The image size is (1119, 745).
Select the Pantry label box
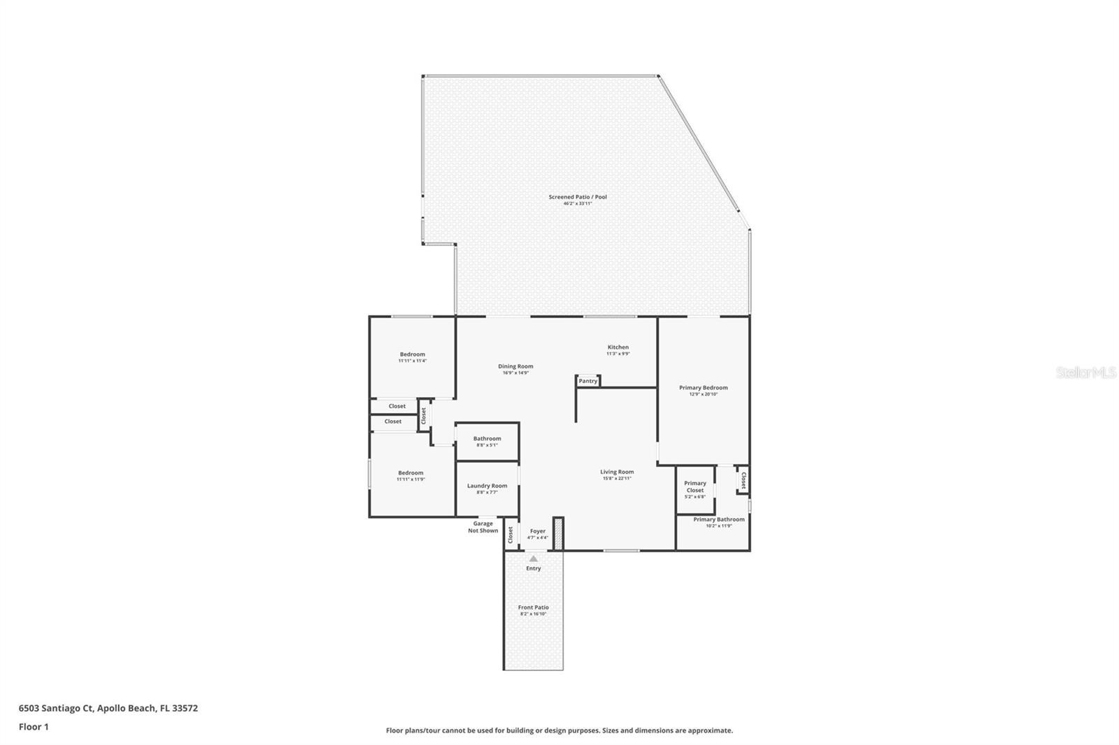click(x=588, y=381)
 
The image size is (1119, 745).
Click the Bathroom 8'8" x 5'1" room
click(x=487, y=441)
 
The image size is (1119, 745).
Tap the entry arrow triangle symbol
click(x=534, y=558)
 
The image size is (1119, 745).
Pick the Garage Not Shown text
click(x=483, y=526)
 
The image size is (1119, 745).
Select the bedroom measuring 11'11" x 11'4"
click(x=412, y=357)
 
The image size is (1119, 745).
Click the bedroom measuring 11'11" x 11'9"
click(x=411, y=475)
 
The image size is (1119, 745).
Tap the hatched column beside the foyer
click(x=558, y=533)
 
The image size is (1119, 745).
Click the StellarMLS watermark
click(x=1085, y=373)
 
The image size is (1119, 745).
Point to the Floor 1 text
click(x=34, y=727)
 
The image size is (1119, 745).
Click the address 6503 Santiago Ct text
click(x=108, y=708)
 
